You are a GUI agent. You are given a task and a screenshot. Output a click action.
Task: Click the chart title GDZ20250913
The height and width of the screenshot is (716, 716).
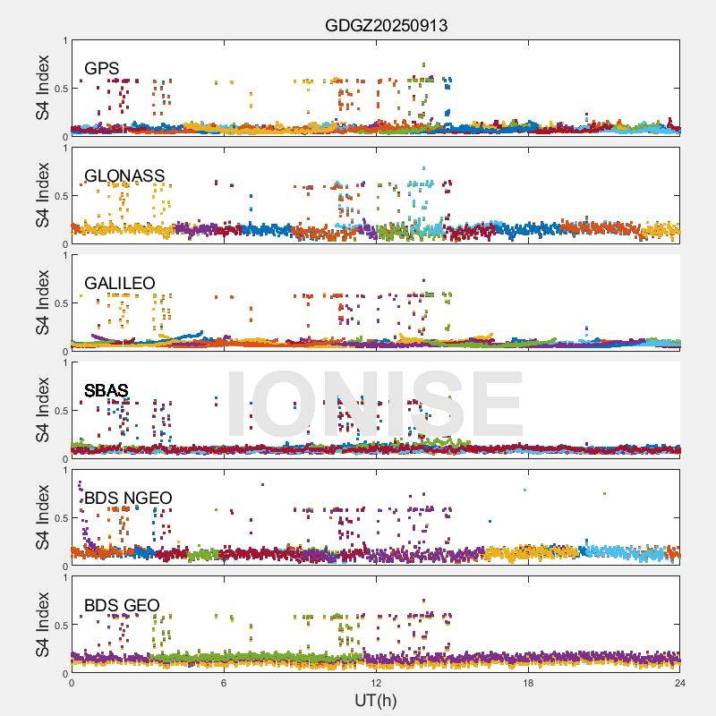pyautogui.click(x=386, y=25)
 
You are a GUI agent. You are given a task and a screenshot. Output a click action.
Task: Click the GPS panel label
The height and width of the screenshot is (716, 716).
pyautogui.click(x=101, y=69)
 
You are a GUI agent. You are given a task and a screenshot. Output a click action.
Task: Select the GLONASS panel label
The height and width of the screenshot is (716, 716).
pyautogui.click(x=124, y=176)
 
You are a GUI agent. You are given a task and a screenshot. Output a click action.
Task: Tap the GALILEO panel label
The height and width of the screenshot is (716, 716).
pyautogui.click(x=119, y=284)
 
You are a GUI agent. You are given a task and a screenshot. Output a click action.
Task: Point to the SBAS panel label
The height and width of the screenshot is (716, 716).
pyautogui.click(x=106, y=391)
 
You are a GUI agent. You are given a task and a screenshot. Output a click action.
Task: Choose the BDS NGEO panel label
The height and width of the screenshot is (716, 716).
pyautogui.click(x=128, y=499)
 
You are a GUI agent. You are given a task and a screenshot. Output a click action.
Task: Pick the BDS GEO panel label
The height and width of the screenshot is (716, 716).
pyautogui.click(x=122, y=606)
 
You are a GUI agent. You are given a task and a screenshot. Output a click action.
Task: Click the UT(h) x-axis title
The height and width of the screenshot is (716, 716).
pyautogui.click(x=376, y=699)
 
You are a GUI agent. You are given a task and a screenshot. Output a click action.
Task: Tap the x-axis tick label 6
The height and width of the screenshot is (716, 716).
pyautogui.click(x=224, y=683)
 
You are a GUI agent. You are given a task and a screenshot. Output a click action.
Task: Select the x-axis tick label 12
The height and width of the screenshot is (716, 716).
pyautogui.click(x=376, y=683)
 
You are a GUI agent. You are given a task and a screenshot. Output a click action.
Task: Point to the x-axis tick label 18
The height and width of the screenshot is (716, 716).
pyautogui.click(x=528, y=683)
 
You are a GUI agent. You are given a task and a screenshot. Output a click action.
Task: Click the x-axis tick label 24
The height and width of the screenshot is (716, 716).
pyautogui.click(x=680, y=683)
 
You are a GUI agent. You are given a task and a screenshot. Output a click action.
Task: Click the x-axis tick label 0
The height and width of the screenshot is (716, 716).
pyautogui.click(x=72, y=683)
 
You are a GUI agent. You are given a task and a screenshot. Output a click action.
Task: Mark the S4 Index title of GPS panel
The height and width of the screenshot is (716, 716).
pyautogui.click(x=43, y=89)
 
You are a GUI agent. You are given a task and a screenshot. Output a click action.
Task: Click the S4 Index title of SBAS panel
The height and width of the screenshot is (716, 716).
pyautogui.click(x=43, y=411)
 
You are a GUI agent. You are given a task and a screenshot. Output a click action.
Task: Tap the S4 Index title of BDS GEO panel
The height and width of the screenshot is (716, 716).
pyautogui.click(x=43, y=626)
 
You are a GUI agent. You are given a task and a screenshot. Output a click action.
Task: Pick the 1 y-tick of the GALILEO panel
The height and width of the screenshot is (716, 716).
pyautogui.click(x=64, y=256)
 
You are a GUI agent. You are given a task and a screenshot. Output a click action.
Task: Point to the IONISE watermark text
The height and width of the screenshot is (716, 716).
pyautogui.click(x=375, y=404)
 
